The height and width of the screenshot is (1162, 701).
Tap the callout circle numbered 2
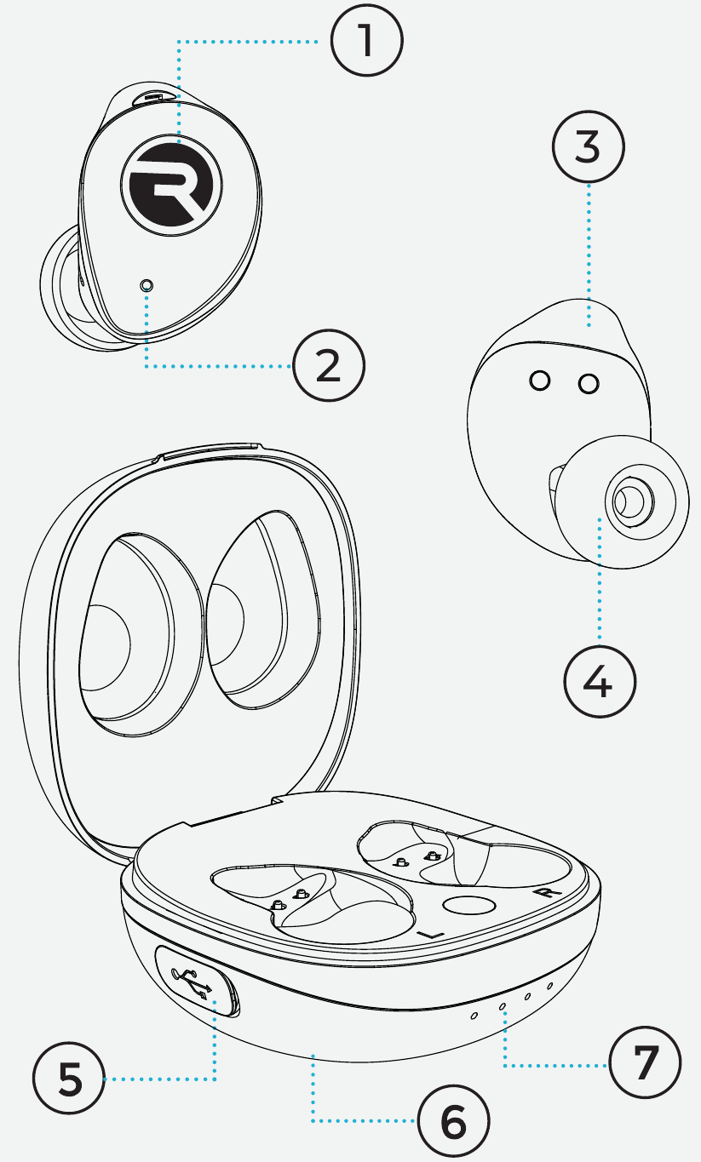click(x=329, y=366)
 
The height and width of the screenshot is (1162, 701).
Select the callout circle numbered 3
click(x=588, y=147)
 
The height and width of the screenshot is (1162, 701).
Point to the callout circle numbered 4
click(x=600, y=681)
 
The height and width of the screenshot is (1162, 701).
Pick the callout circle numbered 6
click(x=453, y=1122)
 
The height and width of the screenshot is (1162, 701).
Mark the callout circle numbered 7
click(x=645, y=1063)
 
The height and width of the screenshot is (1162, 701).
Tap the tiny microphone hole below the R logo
click(x=147, y=285)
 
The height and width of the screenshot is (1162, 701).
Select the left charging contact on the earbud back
click(x=539, y=381)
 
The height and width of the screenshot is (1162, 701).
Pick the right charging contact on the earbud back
click(x=589, y=385)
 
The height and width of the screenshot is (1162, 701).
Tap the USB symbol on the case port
click(x=193, y=982)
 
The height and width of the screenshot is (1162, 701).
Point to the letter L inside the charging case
click(x=433, y=934)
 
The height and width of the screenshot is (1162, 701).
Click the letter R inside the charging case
click(x=540, y=893)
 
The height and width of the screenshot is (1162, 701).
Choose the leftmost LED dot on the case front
click(x=475, y=1015)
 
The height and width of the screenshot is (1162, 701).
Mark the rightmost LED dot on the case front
click(x=549, y=987)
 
